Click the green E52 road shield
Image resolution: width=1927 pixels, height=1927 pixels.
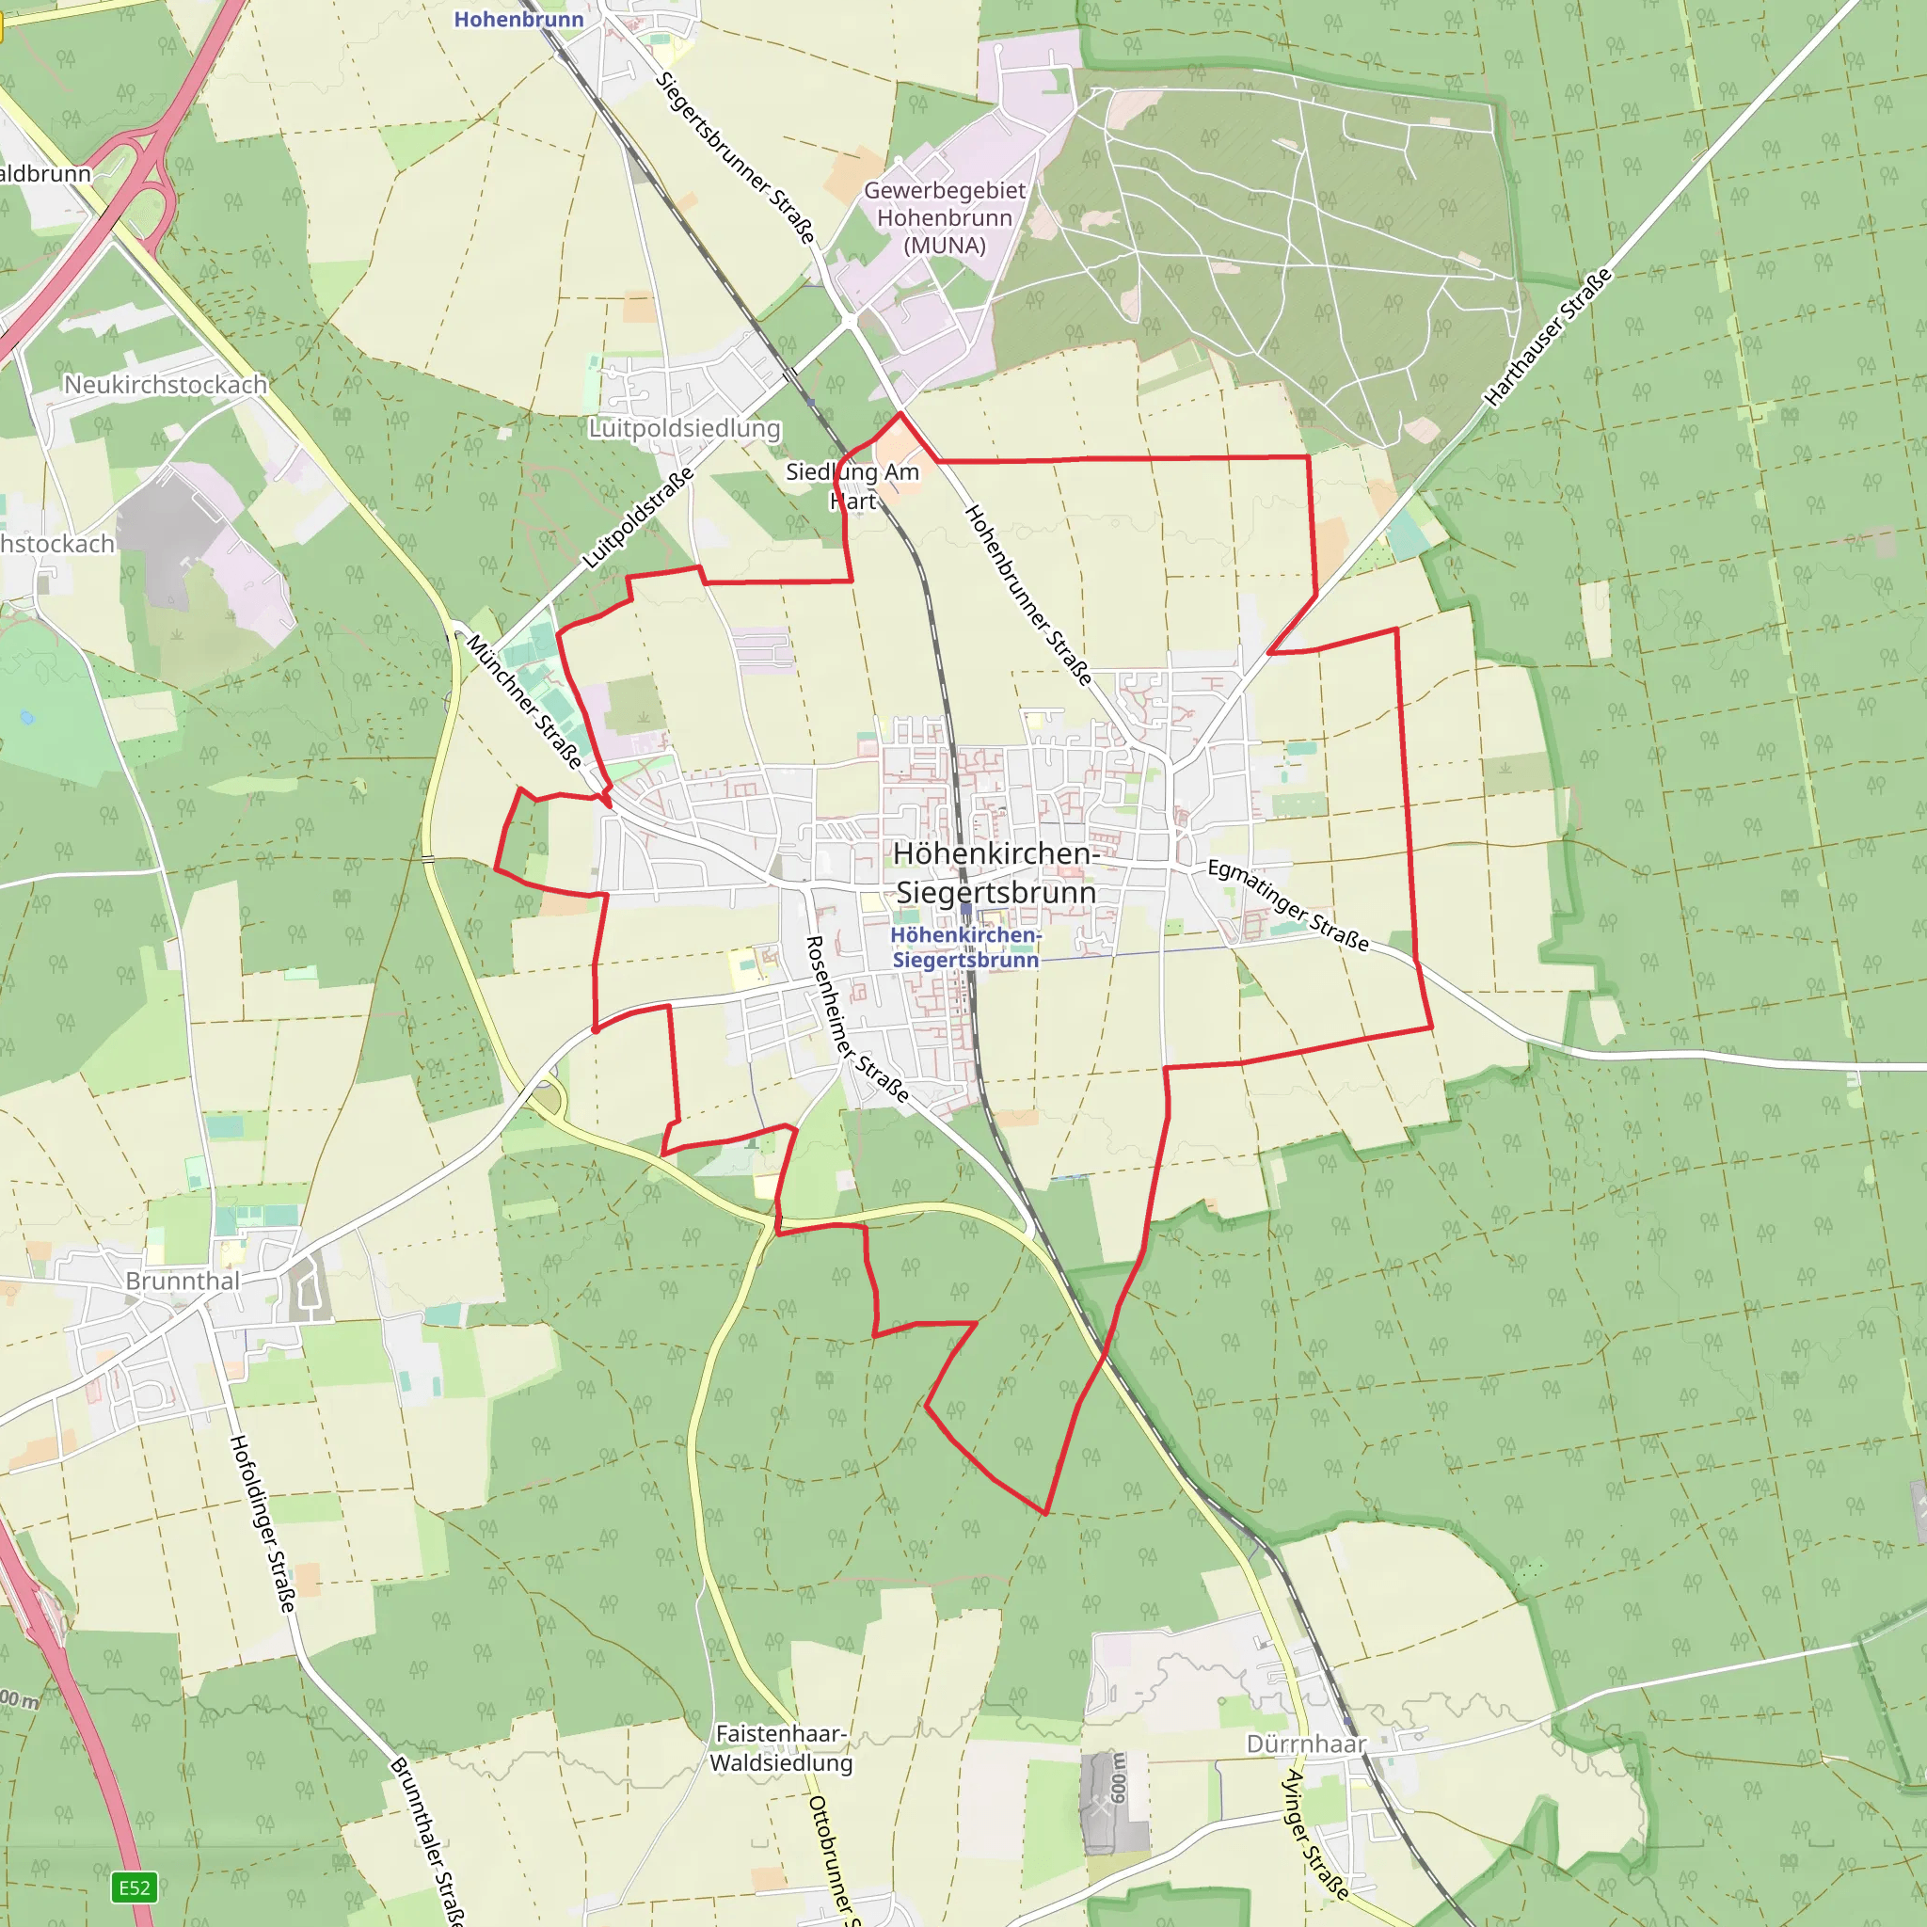click(135, 1887)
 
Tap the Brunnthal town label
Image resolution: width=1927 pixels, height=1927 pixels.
click(183, 1281)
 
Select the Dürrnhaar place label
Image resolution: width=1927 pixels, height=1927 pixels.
click(1306, 1744)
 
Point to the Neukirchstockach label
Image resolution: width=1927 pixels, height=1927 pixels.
click(166, 384)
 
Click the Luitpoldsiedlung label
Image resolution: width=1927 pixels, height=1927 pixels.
click(684, 428)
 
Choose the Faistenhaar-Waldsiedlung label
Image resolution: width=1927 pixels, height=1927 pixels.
click(781, 1747)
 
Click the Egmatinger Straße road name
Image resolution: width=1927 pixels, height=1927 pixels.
click(1288, 904)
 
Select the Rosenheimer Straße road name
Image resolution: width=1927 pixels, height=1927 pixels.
click(856, 1018)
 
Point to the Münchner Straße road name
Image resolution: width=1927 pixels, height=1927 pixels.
click(525, 701)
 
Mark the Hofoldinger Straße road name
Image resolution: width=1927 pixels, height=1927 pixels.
click(263, 1523)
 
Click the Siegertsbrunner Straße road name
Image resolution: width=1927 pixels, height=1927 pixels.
click(736, 157)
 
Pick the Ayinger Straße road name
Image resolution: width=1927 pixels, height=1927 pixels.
click(1314, 1834)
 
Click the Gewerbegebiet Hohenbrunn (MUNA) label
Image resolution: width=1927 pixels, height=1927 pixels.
click(944, 217)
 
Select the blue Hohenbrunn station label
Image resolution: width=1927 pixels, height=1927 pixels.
click(518, 19)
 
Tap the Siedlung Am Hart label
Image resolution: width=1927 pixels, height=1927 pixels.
click(852, 486)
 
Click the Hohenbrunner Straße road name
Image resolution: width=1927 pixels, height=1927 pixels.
click(1027, 595)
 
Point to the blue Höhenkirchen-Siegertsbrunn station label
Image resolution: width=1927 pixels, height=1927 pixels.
click(965, 948)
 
